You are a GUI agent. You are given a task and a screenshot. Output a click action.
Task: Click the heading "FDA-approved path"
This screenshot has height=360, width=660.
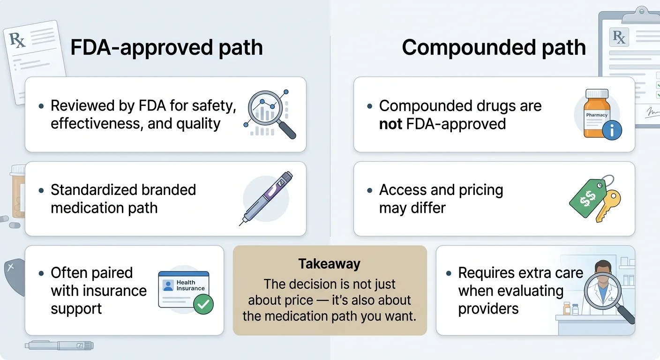[x=166, y=48]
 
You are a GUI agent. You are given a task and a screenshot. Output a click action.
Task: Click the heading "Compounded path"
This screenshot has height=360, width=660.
[x=494, y=48]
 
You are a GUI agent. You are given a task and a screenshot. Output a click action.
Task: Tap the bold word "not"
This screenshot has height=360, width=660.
[x=390, y=124]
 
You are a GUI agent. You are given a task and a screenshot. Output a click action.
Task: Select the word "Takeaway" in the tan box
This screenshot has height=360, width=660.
[x=330, y=264]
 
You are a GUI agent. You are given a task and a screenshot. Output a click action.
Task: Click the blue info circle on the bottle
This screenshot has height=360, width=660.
[x=612, y=130]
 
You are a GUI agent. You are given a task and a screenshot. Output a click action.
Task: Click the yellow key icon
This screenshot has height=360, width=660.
[x=609, y=204]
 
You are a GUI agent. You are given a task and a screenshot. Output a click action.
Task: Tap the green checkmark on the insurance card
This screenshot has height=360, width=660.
[x=203, y=304]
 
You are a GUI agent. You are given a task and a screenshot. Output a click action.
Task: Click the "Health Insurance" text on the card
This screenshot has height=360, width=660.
[x=190, y=285]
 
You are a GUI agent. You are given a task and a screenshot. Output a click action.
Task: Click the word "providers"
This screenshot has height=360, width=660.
[x=488, y=309]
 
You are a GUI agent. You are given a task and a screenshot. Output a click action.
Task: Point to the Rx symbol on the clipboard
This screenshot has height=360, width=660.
[x=619, y=37]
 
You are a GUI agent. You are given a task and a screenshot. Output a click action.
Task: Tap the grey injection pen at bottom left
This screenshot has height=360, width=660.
[x=59, y=345]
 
